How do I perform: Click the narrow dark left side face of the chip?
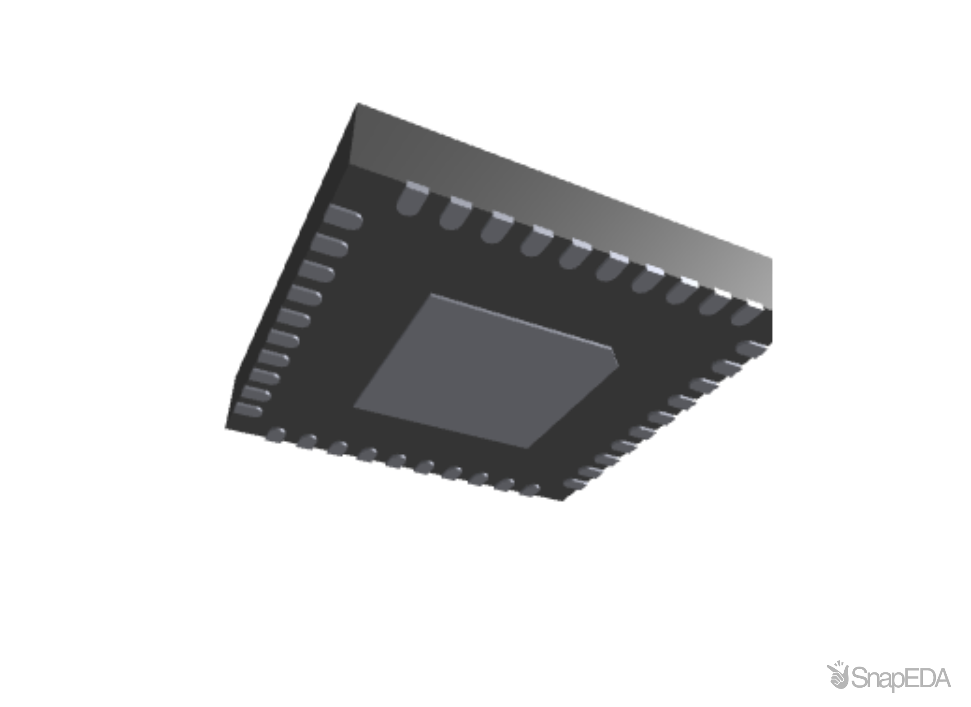(x=288, y=270)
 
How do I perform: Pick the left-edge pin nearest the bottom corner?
(x=248, y=410)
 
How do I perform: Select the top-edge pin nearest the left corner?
(x=410, y=200)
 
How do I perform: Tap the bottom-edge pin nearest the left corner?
(x=276, y=435)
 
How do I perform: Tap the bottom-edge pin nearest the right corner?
(x=530, y=490)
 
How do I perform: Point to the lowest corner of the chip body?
(x=564, y=501)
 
